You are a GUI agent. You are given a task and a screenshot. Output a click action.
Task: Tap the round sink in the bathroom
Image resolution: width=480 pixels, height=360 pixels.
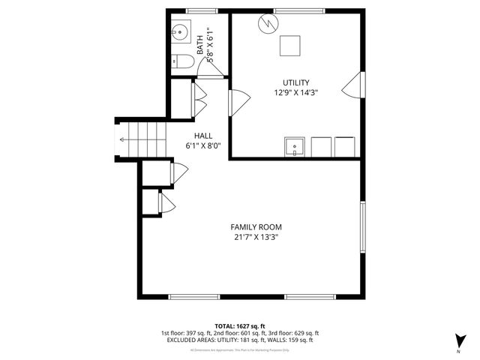(179, 32)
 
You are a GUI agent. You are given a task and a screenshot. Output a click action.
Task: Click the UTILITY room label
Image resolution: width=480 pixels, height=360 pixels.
(295, 82)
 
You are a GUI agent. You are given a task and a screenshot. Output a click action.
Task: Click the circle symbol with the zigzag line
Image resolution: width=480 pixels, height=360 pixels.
(267, 24)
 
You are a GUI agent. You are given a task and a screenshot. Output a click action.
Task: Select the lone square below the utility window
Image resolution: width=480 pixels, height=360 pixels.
(289, 46)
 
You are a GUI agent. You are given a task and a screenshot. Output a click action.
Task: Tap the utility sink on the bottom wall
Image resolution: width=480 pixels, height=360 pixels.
(295, 145)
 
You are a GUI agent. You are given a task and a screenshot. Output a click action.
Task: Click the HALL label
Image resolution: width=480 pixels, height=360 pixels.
(202, 136)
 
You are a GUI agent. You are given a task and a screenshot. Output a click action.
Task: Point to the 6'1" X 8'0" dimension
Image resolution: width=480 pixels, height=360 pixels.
(202, 146)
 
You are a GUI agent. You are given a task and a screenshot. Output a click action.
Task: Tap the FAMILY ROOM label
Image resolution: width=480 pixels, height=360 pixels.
(256, 227)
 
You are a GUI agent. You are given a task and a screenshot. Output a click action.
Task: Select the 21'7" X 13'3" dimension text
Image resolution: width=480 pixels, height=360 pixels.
(256, 238)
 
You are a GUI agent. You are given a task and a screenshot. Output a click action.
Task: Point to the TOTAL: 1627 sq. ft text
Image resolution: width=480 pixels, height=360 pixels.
(240, 325)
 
